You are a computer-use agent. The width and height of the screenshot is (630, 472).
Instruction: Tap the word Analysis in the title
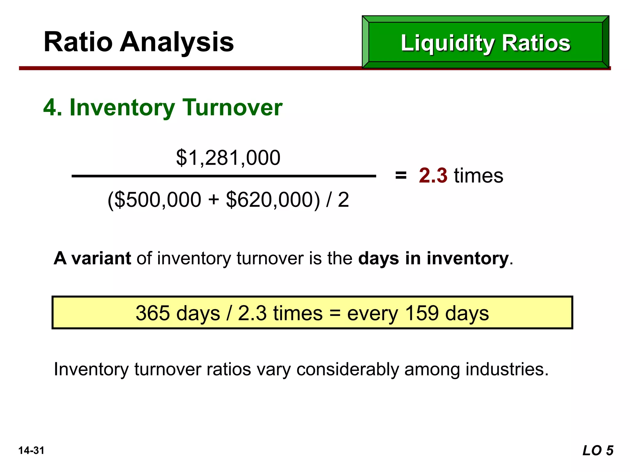[x=177, y=42]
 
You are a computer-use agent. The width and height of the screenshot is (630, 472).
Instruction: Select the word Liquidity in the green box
[x=447, y=43]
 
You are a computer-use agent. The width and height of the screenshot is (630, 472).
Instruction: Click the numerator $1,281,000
[x=228, y=158]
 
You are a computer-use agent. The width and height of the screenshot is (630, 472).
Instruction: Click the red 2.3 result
[x=433, y=175]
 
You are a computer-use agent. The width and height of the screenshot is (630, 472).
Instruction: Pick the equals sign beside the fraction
[x=401, y=176]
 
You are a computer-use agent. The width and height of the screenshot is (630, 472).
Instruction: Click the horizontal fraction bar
[x=224, y=176]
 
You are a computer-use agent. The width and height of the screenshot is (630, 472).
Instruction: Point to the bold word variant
[x=101, y=258]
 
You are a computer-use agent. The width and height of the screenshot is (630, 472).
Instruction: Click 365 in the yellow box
[x=153, y=313]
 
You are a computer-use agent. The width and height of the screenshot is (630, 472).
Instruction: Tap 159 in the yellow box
[x=422, y=313]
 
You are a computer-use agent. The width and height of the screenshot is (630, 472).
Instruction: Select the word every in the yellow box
[x=373, y=314]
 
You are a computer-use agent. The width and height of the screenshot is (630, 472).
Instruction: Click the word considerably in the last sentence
[x=347, y=369]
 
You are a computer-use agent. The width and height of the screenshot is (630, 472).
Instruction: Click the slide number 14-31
[x=31, y=450]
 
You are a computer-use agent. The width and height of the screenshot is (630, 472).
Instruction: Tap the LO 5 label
[x=598, y=451]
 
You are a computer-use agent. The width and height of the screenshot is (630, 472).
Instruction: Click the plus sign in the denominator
[x=213, y=200]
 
